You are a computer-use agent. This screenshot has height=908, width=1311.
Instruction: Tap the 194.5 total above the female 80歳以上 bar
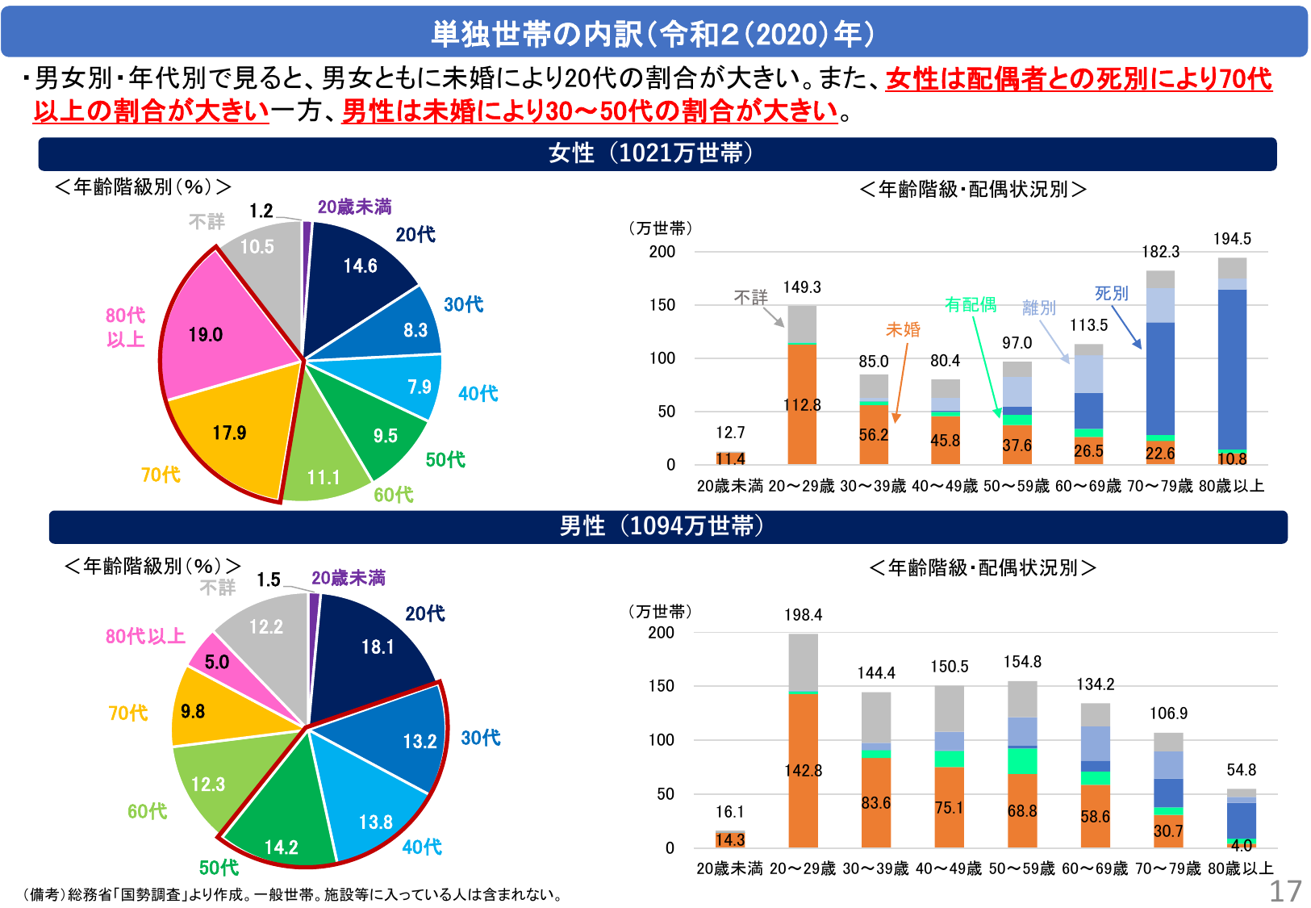1232,239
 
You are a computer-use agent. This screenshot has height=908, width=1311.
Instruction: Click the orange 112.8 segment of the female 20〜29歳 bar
802,404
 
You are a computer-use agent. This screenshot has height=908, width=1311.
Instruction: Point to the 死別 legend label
1111,294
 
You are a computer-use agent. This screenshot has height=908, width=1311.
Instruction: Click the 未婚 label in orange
903,329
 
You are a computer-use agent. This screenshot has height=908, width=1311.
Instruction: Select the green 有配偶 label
971,305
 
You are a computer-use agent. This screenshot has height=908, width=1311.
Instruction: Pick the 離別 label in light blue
1038,308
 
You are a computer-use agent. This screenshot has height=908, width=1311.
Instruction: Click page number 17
1285,891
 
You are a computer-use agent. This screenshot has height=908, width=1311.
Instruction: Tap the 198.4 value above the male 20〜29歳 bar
803,615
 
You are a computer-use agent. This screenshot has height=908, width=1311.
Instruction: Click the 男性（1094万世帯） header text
662,526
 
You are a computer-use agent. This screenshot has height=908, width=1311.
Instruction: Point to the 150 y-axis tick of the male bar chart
662,686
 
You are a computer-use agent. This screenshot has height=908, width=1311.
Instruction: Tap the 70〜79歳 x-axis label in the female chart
1159,487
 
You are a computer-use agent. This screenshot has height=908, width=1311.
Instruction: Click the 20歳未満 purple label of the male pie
349,578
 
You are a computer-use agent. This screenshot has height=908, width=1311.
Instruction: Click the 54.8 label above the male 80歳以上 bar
1241,770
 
